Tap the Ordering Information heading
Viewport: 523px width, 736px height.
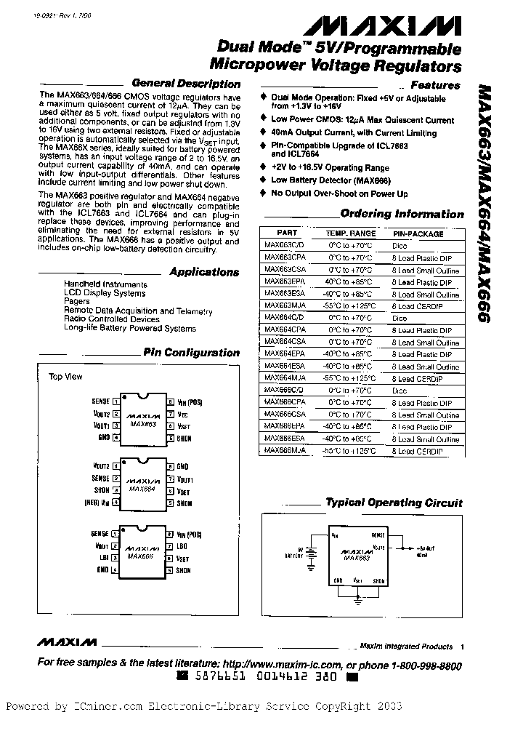[x=402, y=214]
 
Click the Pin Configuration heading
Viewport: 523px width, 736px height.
[x=191, y=353]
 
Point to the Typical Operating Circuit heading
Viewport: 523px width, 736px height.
[x=394, y=503]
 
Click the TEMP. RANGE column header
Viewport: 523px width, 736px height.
[x=351, y=233]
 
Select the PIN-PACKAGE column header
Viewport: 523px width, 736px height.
[x=418, y=233]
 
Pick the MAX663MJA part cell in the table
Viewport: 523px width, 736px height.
[x=285, y=306]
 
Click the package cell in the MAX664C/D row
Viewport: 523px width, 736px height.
[x=400, y=318]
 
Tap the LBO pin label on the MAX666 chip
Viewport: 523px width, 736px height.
[x=182, y=545]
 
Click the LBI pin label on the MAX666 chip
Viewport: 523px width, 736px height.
[x=103, y=558]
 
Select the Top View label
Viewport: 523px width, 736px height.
[x=65, y=377]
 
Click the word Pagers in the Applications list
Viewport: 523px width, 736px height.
[x=77, y=301]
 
